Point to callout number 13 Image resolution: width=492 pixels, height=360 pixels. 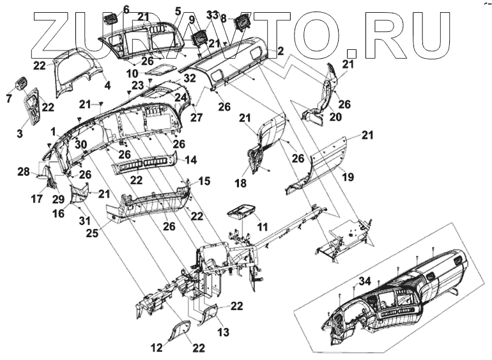click(x=222, y=332)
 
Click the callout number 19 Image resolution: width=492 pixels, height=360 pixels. click(x=347, y=176)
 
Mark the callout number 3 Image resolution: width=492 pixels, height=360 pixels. click(x=20, y=133)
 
